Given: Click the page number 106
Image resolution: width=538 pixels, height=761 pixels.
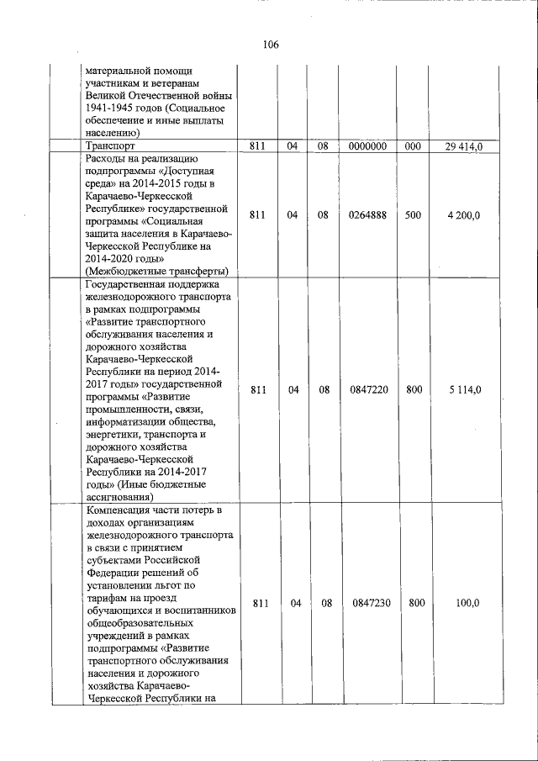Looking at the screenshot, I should (x=269, y=45).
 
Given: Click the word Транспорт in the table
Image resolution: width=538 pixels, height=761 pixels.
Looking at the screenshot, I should (x=110, y=146).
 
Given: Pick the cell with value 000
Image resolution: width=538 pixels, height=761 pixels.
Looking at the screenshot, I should (x=413, y=147).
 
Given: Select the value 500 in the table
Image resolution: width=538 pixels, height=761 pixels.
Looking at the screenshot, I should (x=413, y=215).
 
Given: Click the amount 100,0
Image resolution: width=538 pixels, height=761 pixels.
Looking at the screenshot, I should (x=467, y=603).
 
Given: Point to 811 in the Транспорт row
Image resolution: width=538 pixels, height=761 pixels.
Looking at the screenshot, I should (x=258, y=147).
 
